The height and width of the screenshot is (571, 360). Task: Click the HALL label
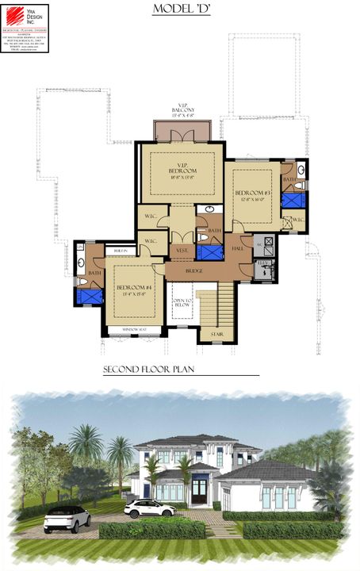pyautogui.click(x=239, y=248)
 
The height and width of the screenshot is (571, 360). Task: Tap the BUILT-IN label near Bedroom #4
pyautogui.click(x=121, y=250)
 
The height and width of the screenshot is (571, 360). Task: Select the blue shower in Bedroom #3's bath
pyautogui.click(x=291, y=199)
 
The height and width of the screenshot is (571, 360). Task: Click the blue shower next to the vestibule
pyautogui.click(x=209, y=252)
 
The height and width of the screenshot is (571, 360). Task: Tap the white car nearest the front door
pyautogui.click(x=149, y=508)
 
